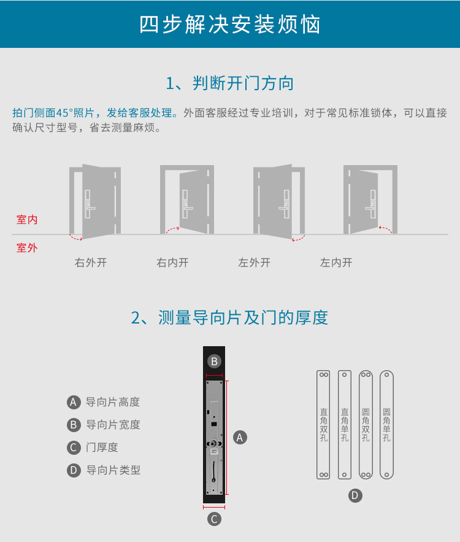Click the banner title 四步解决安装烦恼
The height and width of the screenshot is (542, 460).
(230, 24)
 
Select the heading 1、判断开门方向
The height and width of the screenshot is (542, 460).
(230, 83)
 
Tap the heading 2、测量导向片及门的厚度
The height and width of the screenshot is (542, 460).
(229, 317)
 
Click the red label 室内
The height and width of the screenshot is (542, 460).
(27, 220)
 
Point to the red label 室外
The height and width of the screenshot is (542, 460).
(27, 248)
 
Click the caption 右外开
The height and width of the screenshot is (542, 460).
(91, 263)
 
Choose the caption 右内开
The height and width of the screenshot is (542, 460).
(173, 263)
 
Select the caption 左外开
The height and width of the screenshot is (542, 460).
(255, 263)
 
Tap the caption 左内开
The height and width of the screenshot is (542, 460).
(336, 263)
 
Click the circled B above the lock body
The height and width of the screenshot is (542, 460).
(214, 361)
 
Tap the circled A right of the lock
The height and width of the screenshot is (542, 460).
(240, 438)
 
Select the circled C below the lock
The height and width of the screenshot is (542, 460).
(214, 519)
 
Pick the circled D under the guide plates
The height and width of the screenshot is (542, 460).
(355, 496)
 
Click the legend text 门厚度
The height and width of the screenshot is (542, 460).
(102, 447)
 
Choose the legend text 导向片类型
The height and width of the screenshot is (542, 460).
(113, 470)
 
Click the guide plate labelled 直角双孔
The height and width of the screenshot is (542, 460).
(323, 425)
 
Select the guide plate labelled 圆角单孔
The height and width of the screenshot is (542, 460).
(387, 425)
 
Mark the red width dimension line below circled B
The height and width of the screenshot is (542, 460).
(214, 376)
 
